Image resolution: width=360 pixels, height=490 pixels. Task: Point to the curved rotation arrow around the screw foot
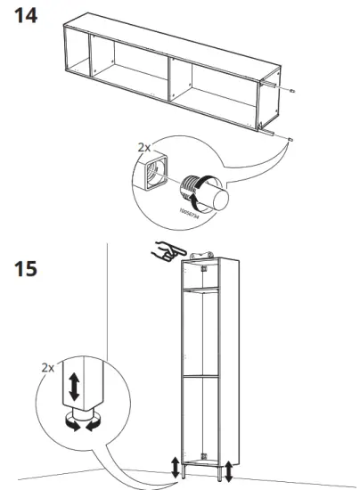(x=206, y=191)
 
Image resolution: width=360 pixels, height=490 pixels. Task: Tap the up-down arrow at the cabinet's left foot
(x=175, y=466)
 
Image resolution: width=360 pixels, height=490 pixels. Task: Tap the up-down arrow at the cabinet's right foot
(x=230, y=469)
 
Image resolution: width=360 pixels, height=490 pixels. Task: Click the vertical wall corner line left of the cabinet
(x=106, y=356)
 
